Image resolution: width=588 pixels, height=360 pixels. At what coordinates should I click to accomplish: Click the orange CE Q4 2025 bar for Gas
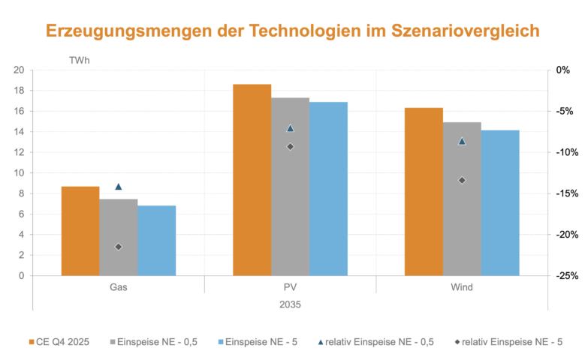pos(80,231)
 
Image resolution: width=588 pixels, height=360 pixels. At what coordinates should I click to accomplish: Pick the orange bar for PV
pos(252,180)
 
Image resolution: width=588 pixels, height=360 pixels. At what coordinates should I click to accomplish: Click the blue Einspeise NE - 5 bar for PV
pos(328,189)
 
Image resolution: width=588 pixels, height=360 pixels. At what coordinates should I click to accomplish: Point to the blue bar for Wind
pos(500,202)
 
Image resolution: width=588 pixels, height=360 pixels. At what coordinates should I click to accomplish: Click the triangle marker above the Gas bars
pos(118,186)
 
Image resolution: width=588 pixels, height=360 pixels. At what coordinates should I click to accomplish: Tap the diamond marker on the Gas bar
pos(118,247)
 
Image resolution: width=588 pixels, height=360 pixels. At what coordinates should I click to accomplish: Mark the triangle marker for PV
pos(290,128)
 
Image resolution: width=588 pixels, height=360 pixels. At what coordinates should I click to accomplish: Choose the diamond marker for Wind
pos(462,180)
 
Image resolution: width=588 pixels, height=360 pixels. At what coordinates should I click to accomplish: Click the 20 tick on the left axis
pos(19,70)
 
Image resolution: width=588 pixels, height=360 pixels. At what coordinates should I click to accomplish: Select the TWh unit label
pos(79,58)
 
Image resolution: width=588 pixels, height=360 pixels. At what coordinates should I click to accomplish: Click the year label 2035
pos(290,304)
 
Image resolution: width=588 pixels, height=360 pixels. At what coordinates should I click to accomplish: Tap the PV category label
pos(290,288)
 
